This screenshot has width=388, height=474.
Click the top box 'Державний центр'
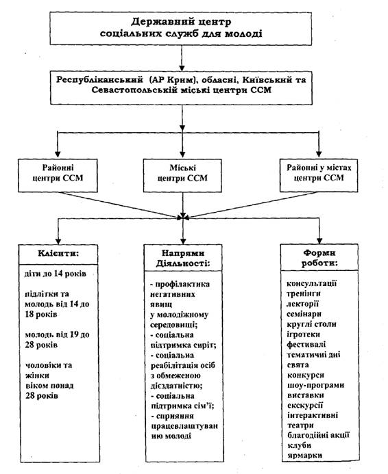point(181,29)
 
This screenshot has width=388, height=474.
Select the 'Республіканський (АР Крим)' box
point(181,88)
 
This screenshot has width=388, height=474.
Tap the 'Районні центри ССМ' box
point(58,176)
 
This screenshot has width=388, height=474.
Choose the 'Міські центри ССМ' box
point(182,176)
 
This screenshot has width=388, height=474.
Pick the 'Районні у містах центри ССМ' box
point(319,175)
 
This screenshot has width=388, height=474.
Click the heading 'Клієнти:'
point(58,253)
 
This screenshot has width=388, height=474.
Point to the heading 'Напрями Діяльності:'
point(183,258)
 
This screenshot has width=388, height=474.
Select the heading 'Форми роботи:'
point(319,258)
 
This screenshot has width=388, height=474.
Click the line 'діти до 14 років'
point(55,274)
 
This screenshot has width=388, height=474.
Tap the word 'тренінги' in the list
point(304,293)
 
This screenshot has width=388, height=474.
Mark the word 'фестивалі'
point(306,344)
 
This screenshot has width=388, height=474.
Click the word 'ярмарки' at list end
point(304,456)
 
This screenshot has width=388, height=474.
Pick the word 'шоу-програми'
point(315,385)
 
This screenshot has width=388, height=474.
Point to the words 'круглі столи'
point(311,324)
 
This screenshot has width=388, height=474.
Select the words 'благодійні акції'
point(318,435)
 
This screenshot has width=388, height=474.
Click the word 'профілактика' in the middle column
point(182,285)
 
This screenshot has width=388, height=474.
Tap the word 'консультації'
point(312,284)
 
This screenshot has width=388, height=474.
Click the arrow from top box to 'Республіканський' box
point(182,58)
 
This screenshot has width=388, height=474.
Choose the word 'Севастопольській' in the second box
point(134,90)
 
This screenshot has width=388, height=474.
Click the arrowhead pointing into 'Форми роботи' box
point(319,241)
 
